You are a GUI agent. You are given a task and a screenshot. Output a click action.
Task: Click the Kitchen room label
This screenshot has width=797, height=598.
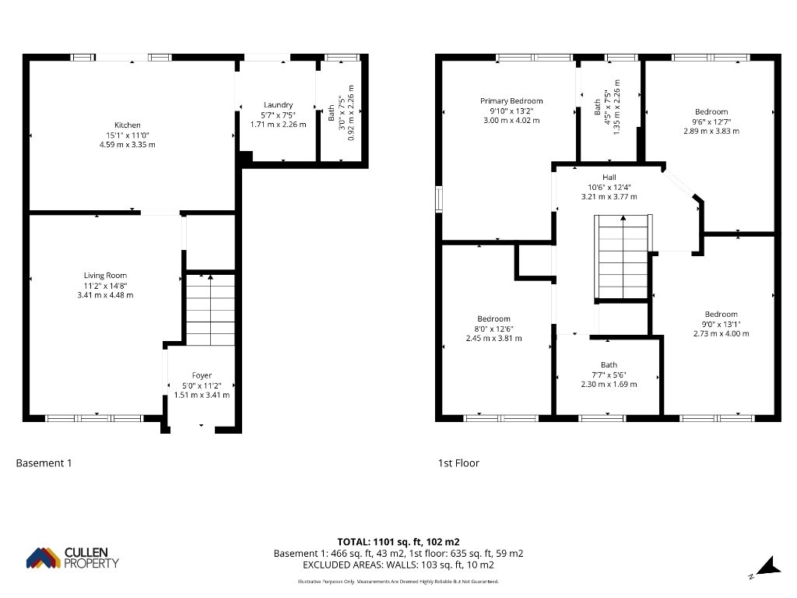coord(128,125)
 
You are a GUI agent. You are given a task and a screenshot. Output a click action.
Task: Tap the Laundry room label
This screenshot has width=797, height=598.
coord(278,105)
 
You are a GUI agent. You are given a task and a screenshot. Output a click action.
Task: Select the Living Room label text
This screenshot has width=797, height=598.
coord(105,276)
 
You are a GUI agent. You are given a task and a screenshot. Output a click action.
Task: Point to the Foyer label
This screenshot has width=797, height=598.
coord(202,376)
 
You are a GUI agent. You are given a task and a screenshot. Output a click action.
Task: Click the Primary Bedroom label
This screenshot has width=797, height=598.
coord(511,101)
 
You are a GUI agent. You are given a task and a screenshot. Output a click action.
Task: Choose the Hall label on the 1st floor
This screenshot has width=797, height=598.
coord(609,178)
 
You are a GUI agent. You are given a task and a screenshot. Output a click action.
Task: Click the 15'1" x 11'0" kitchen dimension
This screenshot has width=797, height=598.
coord(128,135)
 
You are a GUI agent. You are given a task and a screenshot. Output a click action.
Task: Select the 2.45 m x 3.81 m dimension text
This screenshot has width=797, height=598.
coord(494,338)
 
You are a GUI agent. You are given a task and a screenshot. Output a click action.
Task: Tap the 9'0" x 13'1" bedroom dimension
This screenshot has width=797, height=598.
coord(722,324)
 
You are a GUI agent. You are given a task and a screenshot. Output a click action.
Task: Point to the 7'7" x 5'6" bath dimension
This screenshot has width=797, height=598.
coord(609,375)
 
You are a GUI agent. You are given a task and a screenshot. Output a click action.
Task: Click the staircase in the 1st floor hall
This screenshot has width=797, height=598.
coord(623,257)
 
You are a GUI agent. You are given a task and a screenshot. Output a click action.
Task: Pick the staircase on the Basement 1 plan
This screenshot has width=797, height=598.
coord(210,310)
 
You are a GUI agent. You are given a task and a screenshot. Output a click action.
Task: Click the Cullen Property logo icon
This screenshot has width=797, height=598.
coord(44,558)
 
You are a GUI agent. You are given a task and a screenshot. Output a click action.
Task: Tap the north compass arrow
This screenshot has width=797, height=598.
coord(768,567)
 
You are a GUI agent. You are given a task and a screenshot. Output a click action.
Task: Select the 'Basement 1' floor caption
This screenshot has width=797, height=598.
coord(44,463)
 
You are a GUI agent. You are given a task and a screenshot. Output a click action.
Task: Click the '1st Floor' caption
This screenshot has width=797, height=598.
coord(458,463)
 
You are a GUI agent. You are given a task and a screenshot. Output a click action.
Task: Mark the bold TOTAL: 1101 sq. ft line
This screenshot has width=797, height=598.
coord(398,542)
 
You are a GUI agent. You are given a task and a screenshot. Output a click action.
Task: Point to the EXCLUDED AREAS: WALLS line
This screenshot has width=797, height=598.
coord(398,565)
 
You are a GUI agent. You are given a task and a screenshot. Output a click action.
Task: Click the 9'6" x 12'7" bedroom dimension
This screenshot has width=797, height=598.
coord(711,121)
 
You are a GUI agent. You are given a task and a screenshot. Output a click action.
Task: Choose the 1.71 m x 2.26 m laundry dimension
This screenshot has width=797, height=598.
coord(278,125)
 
